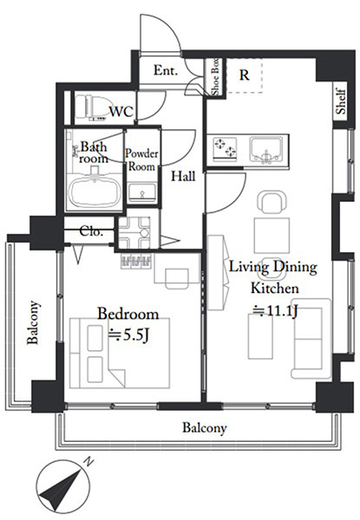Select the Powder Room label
(x=141, y=159)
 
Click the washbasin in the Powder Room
(x=142, y=192)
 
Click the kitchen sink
(x=266, y=150)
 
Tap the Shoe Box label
(x=215, y=77)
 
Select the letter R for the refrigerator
(x=245, y=75)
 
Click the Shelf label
(x=341, y=101)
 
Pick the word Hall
(x=183, y=176)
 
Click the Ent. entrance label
(x=166, y=70)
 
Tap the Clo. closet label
(x=91, y=231)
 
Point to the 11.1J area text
(x=275, y=311)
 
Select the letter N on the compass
(x=88, y=462)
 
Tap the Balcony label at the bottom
(x=205, y=428)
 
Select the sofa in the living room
(x=307, y=338)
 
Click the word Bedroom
(x=128, y=314)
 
